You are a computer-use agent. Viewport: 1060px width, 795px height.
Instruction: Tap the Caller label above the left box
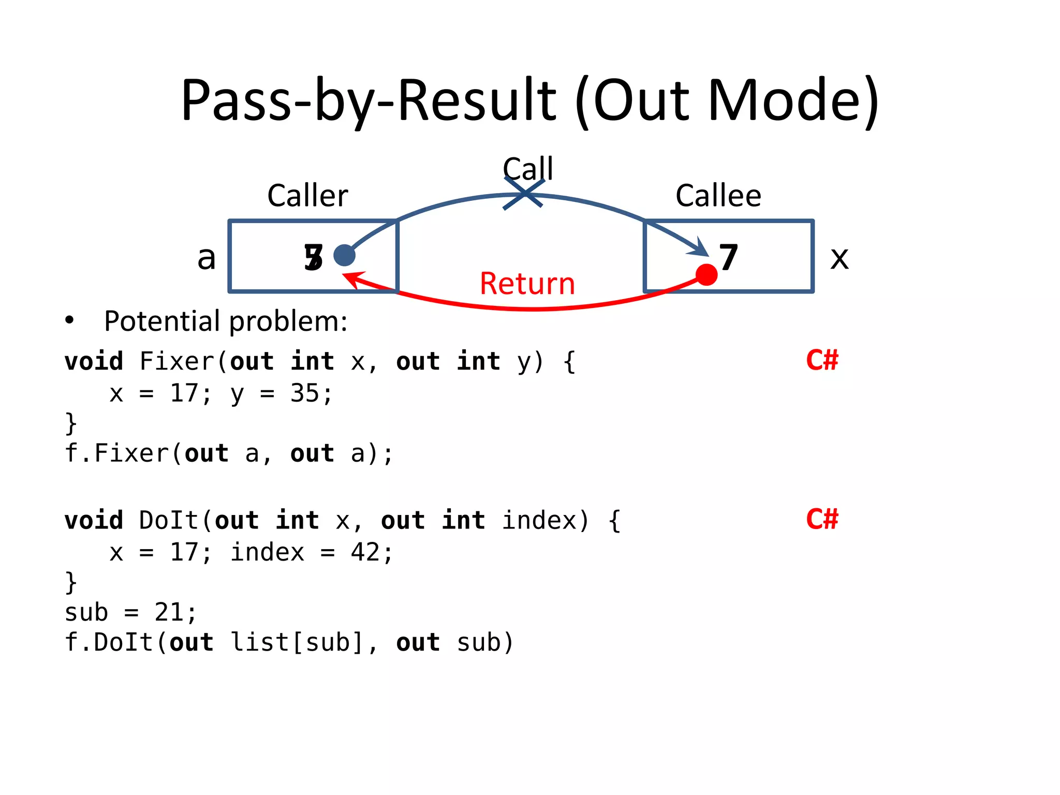point(307,196)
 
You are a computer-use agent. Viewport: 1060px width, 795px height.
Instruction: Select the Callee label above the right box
point(718,196)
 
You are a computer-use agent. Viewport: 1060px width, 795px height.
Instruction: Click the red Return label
point(527,284)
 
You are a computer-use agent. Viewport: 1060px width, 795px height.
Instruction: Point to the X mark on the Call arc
point(524,194)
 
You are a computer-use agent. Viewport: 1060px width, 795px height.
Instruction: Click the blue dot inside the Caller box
point(344,255)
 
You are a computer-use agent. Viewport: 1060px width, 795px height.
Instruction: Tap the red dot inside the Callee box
point(706,274)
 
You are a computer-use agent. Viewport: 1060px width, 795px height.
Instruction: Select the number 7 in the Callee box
point(728,257)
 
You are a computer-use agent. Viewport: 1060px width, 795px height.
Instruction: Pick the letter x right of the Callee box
point(839,258)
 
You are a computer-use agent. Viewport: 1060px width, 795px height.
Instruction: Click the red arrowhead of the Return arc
point(350,279)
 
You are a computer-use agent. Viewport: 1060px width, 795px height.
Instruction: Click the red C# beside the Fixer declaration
point(821,360)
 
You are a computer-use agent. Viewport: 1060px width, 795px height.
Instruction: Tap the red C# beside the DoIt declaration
point(821,519)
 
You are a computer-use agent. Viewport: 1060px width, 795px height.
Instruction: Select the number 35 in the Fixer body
point(304,393)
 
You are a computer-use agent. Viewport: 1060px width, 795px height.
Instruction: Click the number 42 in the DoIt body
point(365,552)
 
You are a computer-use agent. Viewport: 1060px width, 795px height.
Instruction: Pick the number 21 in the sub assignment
point(169,613)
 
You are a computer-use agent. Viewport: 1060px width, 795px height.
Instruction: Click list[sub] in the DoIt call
point(297,643)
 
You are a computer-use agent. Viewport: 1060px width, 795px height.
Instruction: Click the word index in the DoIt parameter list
point(540,520)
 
